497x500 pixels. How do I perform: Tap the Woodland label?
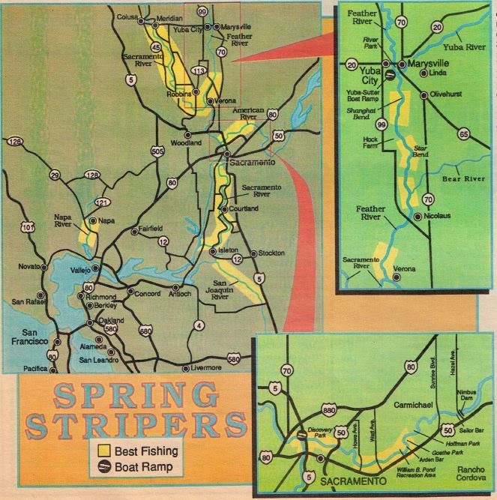coord(187,142)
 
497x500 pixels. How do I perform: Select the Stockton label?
coord(270,253)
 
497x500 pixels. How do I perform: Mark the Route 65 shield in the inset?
coord(463,135)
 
